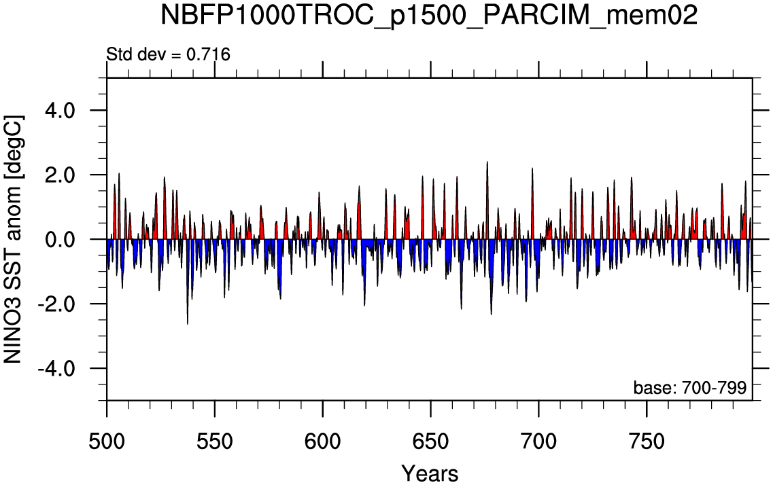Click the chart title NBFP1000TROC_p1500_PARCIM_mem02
click(x=429, y=16)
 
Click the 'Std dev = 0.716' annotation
click(x=169, y=54)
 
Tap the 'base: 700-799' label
click(x=690, y=388)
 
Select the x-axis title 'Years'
click(x=430, y=473)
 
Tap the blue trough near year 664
click(x=461, y=307)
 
